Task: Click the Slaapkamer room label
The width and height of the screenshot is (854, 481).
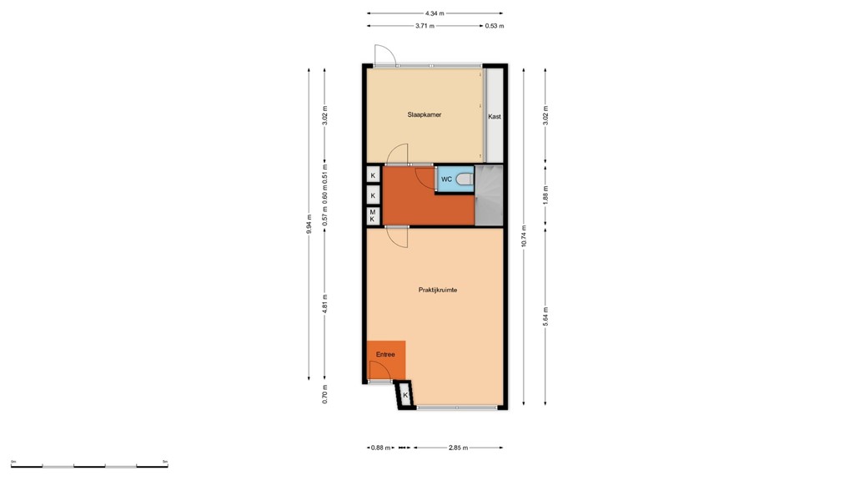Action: pos(424,114)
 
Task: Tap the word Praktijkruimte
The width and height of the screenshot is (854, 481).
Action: pos(437,290)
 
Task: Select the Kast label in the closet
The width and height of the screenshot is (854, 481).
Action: pos(495,117)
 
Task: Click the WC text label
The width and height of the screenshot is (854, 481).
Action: pos(446,180)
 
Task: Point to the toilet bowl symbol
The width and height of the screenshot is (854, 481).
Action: pos(464,180)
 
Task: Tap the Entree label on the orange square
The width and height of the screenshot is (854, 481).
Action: pos(384,355)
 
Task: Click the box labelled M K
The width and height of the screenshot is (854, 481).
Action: pos(373,215)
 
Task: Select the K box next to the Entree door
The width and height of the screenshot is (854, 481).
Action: pos(405,395)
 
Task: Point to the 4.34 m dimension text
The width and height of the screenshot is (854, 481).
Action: pos(435,13)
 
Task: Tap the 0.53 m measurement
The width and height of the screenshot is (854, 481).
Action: pos(495,26)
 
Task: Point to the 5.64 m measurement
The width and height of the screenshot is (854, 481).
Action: pos(545,316)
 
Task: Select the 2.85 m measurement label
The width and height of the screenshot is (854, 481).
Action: pos(458,448)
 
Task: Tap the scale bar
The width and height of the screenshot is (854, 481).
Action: pos(89,465)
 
